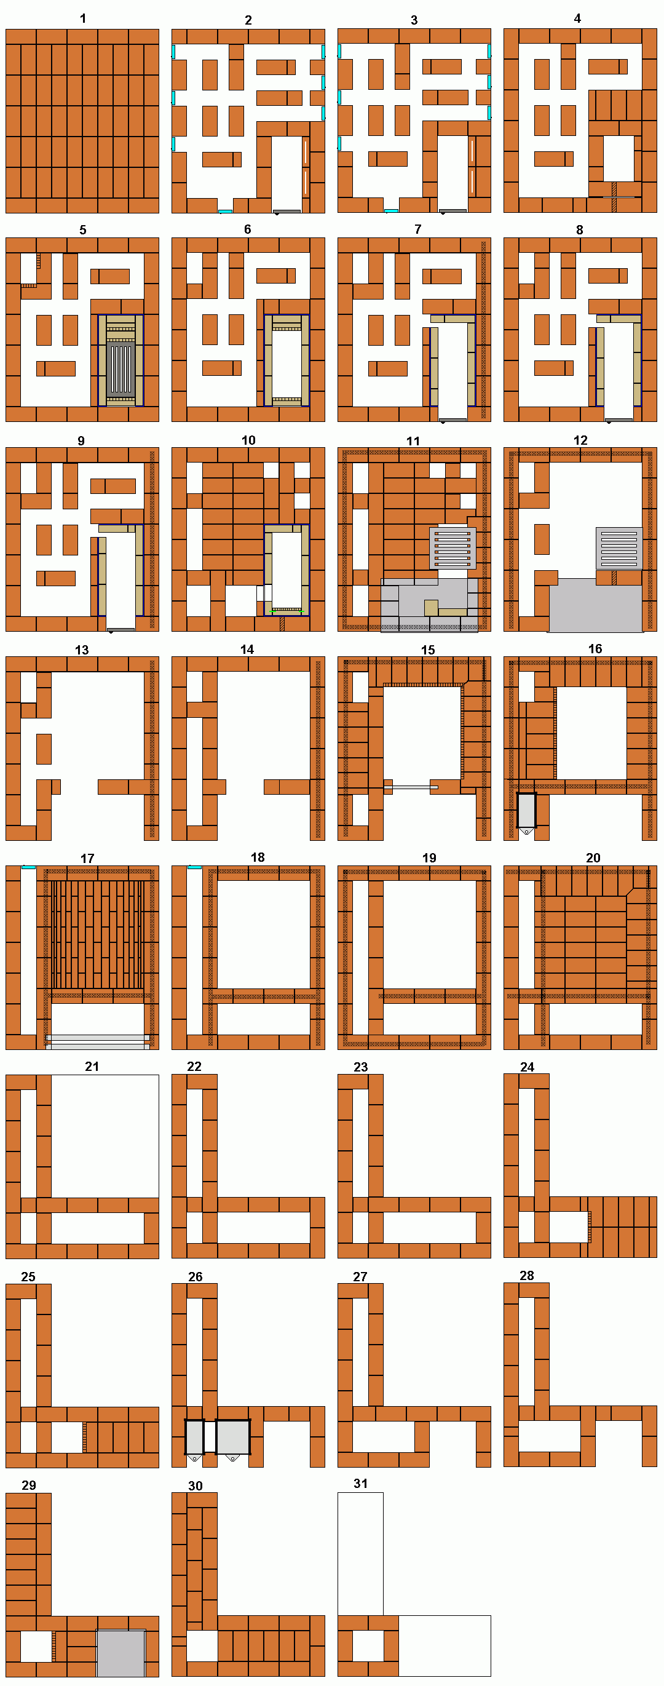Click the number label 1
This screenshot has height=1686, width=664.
(x=83, y=18)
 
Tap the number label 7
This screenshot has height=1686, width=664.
(x=418, y=229)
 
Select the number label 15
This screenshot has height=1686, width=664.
(x=428, y=650)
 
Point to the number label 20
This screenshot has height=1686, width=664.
(x=593, y=857)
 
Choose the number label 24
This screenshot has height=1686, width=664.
(x=528, y=1067)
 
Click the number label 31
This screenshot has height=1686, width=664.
(x=360, y=1483)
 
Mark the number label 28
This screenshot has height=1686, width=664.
(x=527, y=1275)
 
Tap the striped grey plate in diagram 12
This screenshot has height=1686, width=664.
(x=619, y=548)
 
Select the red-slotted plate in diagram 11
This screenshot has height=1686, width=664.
(x=453, y=548)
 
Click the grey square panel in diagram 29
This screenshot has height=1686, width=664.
(x=121, y=1653)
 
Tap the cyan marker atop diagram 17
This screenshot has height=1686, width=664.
(x=28, y=867)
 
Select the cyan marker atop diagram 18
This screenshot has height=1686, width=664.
(x=194, y=867)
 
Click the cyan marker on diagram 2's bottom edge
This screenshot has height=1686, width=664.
(x=225, y=212)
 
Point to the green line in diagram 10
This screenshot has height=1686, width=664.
(x=287, y=612)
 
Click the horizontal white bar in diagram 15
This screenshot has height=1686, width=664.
(x=411, y=787)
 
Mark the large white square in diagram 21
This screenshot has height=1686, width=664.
(x=105, y=1135)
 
